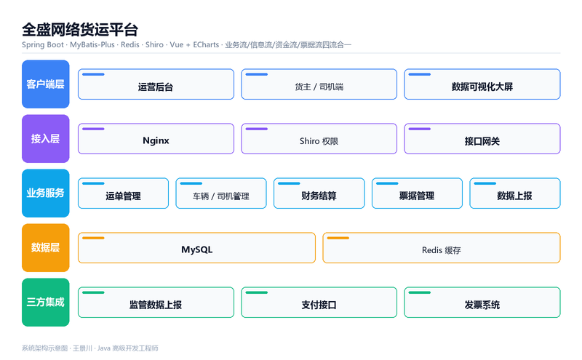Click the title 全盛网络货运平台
pyautogui.click(x=80, y=30)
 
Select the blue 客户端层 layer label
pyautogui.click(x=46, y=84)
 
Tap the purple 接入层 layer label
pyautogui.click(x=46, y=139)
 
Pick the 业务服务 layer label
pyautogui.click(x=46, y=193)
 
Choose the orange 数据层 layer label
pyautogui.click(x=46, y=248)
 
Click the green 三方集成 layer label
pyautogui.click(x=46, y=303)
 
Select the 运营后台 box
pyautogui.click(x=156, y=84)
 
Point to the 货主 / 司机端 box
pyautogui.click(x=319, y=84)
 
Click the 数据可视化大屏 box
pyautogui.click(x=482, y=84)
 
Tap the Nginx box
pyautogui.click(x=156, y=139)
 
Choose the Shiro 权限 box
pyautogui.click(x=319, y=139)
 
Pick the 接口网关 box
pyautogui.click(x=482, y=139)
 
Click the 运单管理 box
pyautogui.click(x=123, y=193)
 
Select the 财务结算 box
pyautogui.click(x=319, y=193)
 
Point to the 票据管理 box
pyautogui.click(x=417, y=193)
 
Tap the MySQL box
pyautogui.click(x=196, y=248)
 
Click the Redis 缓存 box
pyautogui.click(x=442, y=248)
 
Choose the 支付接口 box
pyautogui.click(x=319, y=303)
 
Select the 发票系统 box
pyautogui.click(x=482, y=303)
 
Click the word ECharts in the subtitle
pyautogui.click(x=206, y=45)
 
